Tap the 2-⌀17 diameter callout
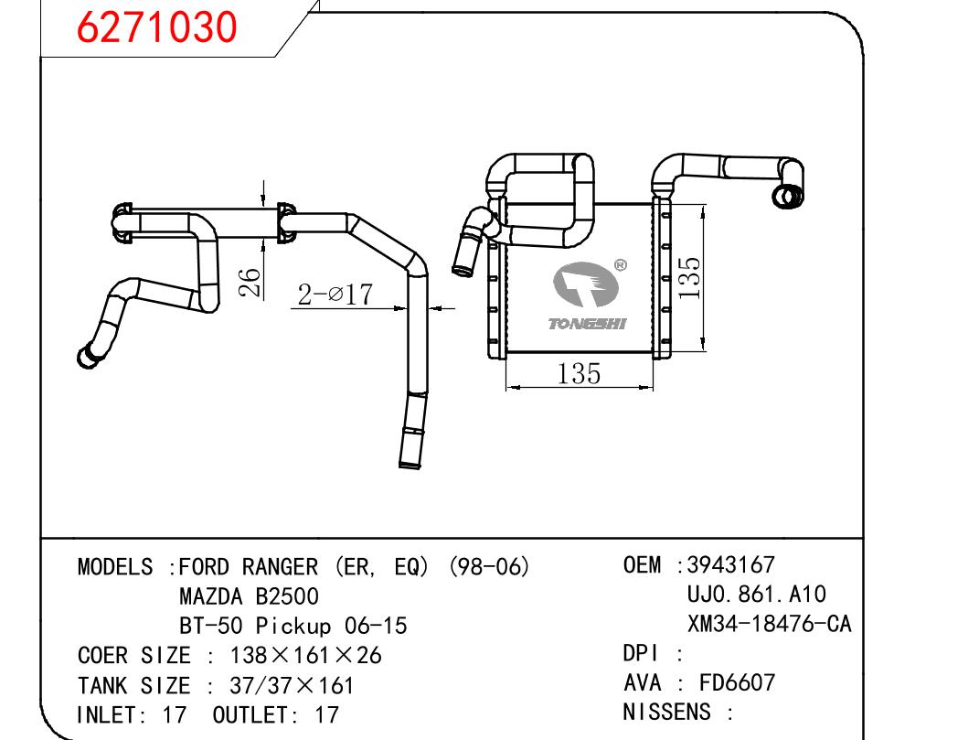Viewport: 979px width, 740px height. [335, 294]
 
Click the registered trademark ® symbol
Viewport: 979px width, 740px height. [621, 266]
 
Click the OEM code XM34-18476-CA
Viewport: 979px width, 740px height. [769, 624]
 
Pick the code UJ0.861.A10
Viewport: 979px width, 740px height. [756, 595]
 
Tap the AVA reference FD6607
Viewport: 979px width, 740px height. [738, 682]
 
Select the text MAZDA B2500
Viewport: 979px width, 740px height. [249, 597]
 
